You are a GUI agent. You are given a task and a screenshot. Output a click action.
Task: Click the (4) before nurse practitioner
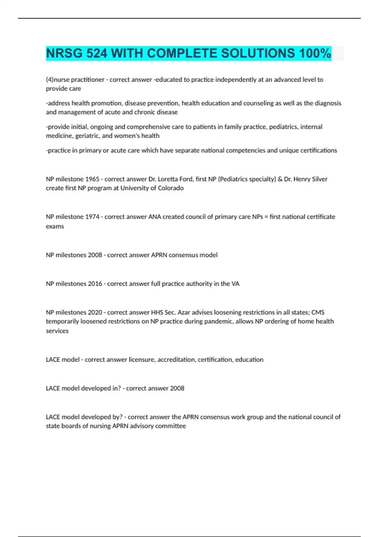pyautogui.click(x=50, y=80)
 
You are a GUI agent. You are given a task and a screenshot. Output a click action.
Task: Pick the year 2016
pyautogui.click(x=95, y=284)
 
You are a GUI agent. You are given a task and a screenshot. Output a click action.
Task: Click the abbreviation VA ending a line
pyautogui.click(x=235, y=284)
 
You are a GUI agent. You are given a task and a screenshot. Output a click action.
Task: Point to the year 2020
pyautogui.click(x=95, y=312)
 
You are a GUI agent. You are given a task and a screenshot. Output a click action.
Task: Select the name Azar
pyautogui.click(x=183, y=312)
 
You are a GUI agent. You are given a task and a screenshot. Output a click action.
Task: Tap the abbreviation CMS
pyautogui.click(x=318, y=312)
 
